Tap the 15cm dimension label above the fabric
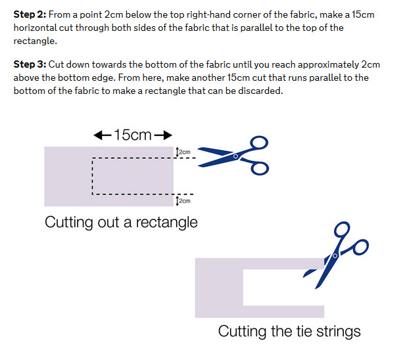point(133,135)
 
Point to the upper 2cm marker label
point(185,152)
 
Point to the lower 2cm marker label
point(185,201)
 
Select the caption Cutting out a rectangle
point(121,222)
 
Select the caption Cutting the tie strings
point(289,330)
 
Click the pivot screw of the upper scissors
point(235,156)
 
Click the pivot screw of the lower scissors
point(335,254)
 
